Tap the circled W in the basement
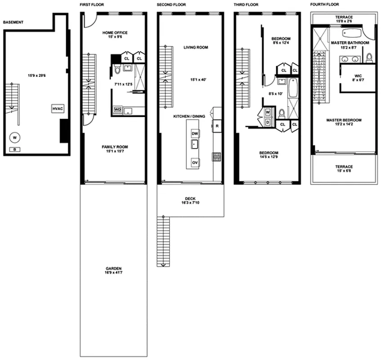click(x=15, y=137)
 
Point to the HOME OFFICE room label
click(x=115, y=33)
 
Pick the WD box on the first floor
click(x=117, y=109)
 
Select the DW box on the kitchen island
click(x=195, y=134)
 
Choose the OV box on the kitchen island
click(x=195, y=162)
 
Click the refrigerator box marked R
click(x=217, y=126)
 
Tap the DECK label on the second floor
click(x=190, y=198)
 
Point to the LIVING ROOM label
click(x=196, y=47)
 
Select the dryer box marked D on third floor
click(x=267, y=121)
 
